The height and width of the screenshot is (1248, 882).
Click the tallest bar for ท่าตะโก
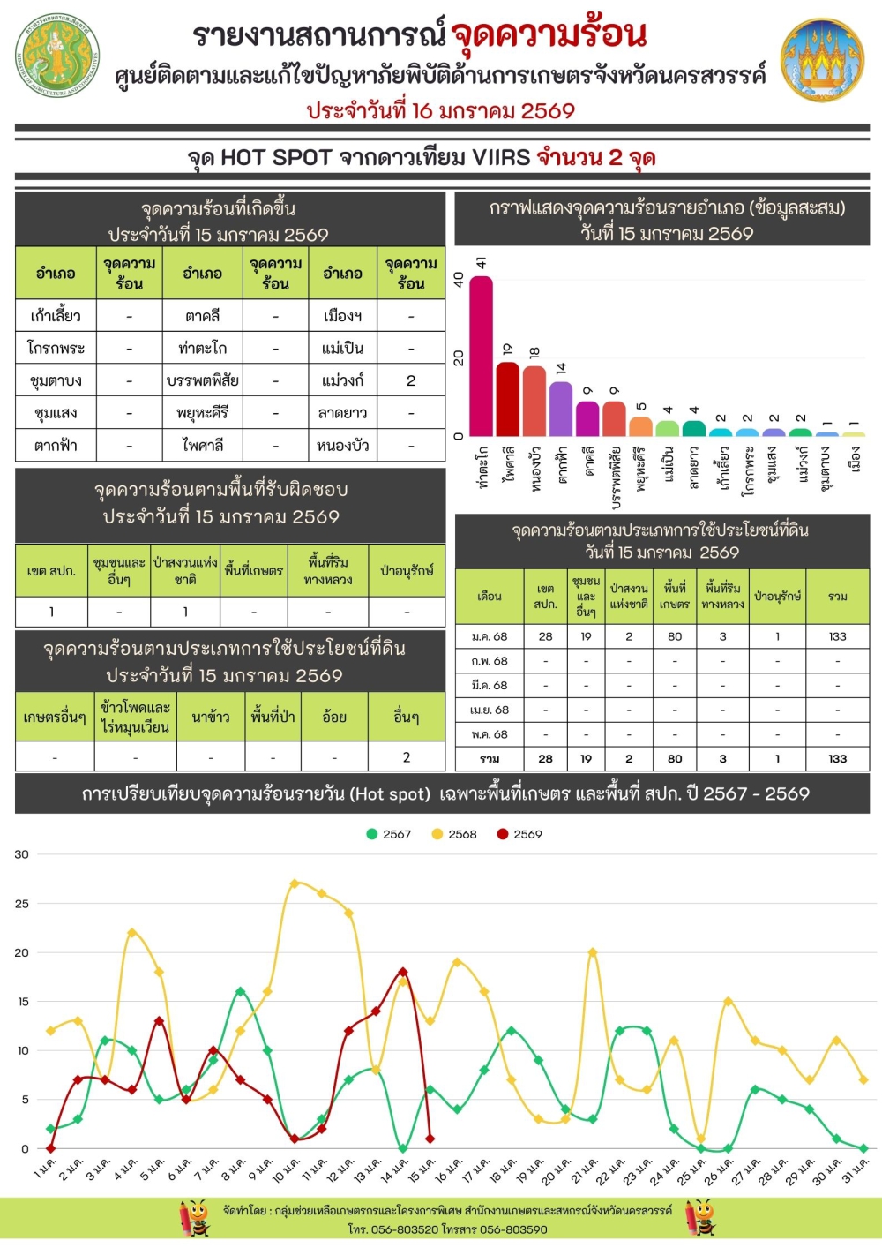pyautogui.click(x=481, y=357)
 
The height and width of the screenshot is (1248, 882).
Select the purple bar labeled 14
pyautogui.click(x=561, y=408)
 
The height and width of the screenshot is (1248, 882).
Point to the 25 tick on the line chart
pyautogui.click(x=21, y=904)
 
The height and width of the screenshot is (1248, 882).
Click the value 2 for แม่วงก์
pyautogui.click(x=411, y=380)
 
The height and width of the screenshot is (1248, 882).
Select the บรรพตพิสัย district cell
pyautogui.click(x=202, y=380)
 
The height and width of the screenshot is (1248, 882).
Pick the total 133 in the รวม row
pyautogui.click(x=837, y=758)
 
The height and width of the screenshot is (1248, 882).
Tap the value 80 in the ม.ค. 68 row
pyautogui.click(x=675, y=636)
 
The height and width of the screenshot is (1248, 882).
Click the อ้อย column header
pyautogui.click(x=334, y=718)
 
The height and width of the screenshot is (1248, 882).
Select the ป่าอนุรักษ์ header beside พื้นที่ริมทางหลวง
pyautogui.click(x=407, y=571)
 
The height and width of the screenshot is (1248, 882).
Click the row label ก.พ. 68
pyautogui.click(x=490, y=661)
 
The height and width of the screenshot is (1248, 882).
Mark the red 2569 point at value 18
pyautogui.click(x=403, y=972)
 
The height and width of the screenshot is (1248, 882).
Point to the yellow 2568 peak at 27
pyautogui.click(x=295, y=883)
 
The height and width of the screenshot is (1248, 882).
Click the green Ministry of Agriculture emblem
pyautogui.click(x=58, y=55)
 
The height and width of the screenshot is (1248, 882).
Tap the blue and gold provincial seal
pyautogui.click(x=822, y=61)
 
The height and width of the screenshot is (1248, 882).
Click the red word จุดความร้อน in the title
pyautogui.click(x=549, y=35)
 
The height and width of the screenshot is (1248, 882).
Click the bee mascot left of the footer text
pyautogui.click(x=195, y=1217)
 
